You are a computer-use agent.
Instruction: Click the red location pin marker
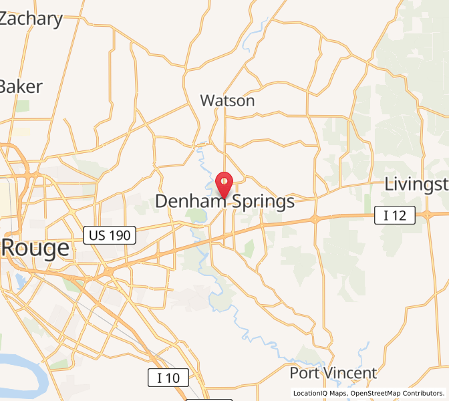coord(225,182)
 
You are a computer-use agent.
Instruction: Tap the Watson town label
coord(227,101)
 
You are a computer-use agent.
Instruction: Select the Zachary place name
coord(31,19)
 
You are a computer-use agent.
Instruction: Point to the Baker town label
coord(21,86)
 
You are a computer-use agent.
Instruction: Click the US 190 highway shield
coord(110,235)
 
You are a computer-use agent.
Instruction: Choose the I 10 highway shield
coord(168,378)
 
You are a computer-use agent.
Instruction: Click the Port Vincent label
coord(333,373)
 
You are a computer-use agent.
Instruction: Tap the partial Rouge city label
coord(35,249)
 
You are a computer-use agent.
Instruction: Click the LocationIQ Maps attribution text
coord(317,394)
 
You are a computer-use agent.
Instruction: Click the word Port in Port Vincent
coord(303,373)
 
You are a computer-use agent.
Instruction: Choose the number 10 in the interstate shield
coord(173,378)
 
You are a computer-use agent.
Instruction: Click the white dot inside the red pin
coord(225,180)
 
